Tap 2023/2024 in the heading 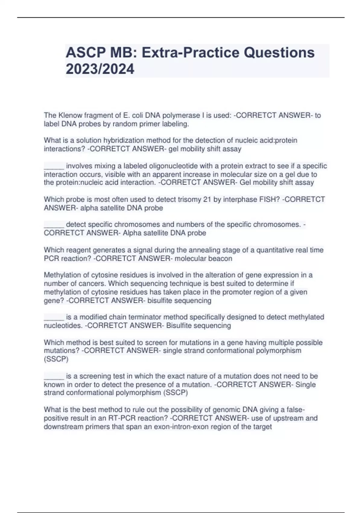pyautogui.click(x=100, y=69)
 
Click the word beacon pyautogui.click(x=221, y=259)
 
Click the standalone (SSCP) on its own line pyautogui.click(x=56, y=359)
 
